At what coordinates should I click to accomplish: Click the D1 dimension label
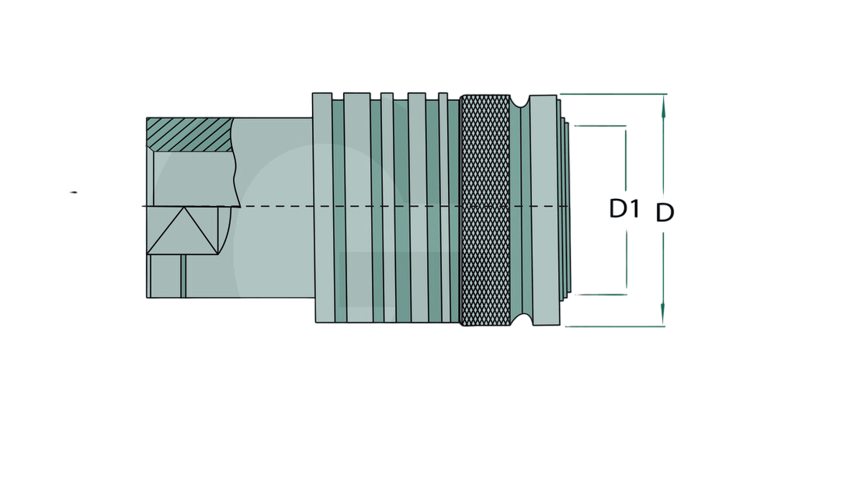[x=624, y=208]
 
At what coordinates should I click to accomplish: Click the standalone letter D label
[x=665, y=213]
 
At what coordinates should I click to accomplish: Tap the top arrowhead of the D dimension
[x=663, y=105]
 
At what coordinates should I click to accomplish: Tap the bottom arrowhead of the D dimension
[x=663, y=315]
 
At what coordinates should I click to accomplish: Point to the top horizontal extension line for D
[x=613, y=94]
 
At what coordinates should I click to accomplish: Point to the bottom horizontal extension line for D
[x=615, y=327]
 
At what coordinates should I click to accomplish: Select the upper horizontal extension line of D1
[x=600, y=126]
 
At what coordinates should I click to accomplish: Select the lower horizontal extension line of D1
[x=601, y=295]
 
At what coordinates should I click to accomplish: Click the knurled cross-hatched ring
[x=485, y=211]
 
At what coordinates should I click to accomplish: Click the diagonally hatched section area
[x=189, y=134]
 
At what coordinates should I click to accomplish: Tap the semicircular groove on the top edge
[x=519, y=102]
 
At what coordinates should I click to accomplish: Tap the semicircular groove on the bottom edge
[x=522, y=320]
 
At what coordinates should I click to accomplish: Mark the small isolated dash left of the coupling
[x=73, y=192]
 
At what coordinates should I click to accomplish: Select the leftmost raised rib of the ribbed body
[x=323, y=208]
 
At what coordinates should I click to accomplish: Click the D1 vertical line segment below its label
[x=626, y=260]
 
